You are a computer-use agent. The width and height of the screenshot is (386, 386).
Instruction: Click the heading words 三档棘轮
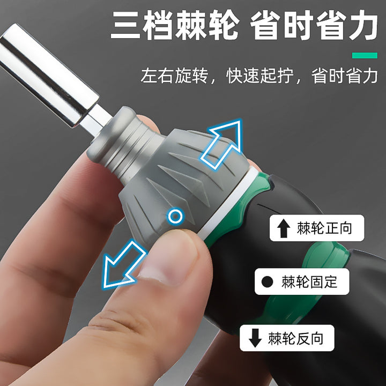pos(175,25)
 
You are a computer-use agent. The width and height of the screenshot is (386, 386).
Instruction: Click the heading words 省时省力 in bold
pos(314,25)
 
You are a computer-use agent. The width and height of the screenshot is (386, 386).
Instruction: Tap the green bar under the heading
pos(365,55)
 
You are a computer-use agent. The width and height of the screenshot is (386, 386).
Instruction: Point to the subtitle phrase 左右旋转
pos(174,76)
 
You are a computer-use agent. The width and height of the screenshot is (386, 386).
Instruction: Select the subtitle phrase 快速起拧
pos(259,76)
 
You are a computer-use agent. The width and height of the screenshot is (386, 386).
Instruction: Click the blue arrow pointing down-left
pos(123,265)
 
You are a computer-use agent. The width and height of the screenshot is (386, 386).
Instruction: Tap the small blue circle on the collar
pos(175,217)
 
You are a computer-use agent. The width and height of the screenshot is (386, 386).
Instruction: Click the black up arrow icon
pos(284,228)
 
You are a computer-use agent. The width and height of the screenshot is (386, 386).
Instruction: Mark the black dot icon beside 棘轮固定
pos(267,281)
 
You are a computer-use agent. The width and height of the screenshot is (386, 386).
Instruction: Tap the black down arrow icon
pos(255,338)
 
